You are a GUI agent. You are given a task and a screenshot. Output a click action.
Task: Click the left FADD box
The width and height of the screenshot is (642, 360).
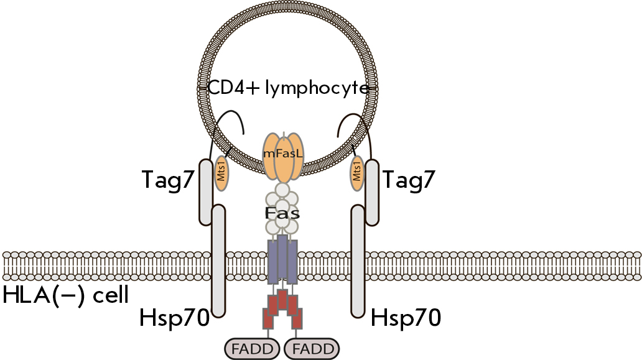(252, 349)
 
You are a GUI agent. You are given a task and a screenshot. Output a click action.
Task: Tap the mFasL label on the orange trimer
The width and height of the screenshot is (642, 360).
(283, 154)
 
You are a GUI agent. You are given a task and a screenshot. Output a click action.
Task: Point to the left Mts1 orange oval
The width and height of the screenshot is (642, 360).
(221, 173)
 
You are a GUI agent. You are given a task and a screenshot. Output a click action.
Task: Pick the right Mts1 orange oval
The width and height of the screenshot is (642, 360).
(356, 173)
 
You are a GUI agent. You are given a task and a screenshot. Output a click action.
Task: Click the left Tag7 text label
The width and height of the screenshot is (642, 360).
(167, 180)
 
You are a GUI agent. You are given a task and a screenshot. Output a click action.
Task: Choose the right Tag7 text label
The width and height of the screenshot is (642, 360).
(408, 180)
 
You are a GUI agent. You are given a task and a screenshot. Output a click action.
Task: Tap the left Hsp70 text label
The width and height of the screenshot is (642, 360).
(174, 318)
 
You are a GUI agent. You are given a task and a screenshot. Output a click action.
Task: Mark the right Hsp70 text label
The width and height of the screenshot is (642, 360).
(406, 318)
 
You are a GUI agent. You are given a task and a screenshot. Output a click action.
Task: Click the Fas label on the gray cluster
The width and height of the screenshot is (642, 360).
(282, 213)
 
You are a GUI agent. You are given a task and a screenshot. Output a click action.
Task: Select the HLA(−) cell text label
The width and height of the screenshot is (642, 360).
(66, 295)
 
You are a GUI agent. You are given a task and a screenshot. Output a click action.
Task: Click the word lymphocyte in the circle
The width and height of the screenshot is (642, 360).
(317, 88)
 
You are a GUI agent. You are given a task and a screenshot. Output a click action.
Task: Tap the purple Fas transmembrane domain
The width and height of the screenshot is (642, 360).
(282, 259)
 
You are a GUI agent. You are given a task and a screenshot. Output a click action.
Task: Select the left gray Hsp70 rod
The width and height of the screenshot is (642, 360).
(218, 261)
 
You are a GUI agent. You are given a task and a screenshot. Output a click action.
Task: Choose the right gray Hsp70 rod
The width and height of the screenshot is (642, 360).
(358, 261)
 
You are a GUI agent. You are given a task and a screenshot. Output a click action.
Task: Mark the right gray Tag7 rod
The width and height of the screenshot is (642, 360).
(372, 192)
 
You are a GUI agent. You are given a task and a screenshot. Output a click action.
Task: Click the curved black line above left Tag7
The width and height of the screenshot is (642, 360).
(230, 111)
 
